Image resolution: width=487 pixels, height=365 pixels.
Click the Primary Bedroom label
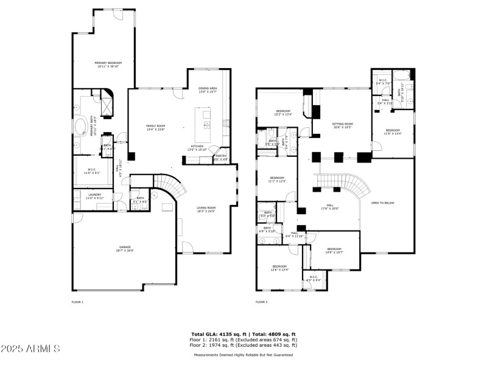click(x=108, y=63)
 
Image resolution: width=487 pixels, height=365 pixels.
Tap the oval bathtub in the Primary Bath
click(x=80, y=127)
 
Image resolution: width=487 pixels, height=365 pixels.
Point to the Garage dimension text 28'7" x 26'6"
click(x=125, y=251)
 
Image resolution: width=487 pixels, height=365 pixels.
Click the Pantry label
click(x=220, y=156)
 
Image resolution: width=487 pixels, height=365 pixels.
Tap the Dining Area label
click(x=208, y=88)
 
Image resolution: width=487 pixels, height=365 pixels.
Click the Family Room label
click(x=155, y=126)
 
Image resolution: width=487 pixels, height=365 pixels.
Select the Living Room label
click(x=206, y=208)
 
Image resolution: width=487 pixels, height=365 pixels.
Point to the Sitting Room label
click(x=343, y=123)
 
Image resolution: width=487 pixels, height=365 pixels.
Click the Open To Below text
click(x=383, y=203)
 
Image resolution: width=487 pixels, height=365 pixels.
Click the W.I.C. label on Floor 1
click(x=92, y=171)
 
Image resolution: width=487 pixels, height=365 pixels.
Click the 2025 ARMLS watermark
click(x=30, y=349)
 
